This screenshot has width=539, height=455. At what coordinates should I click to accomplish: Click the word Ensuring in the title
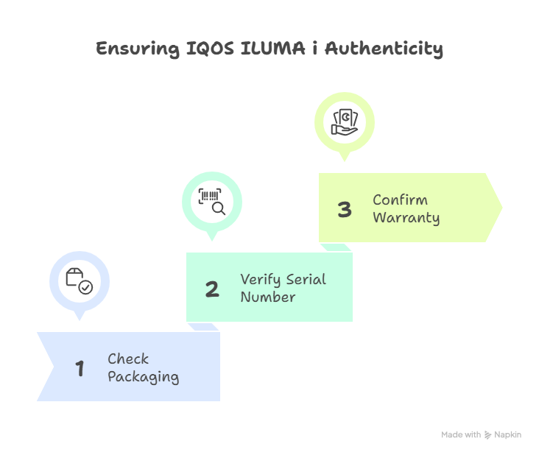[x=138, y=49]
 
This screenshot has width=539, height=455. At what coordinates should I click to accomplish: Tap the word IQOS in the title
[x=210, y=49]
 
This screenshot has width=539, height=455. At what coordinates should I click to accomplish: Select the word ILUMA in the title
[x=272, y=48]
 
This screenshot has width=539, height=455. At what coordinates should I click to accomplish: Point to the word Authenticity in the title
[x=384, y=49]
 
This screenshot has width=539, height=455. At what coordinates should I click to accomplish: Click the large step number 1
[x=80, y=368]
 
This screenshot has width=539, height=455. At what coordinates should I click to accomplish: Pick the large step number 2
[x=212, y=289]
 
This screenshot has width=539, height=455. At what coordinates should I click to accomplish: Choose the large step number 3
[x=345, y=209]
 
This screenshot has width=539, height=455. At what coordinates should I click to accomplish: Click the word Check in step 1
[x=128, y=359]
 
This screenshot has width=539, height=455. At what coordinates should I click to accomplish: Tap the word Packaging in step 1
[x=144, y=377]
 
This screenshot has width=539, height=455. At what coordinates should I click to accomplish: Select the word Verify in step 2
[x=260, y=280]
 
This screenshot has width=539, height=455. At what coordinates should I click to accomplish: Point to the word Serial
[x=306, y=279]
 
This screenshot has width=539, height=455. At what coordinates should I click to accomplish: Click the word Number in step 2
[x=268, y=297]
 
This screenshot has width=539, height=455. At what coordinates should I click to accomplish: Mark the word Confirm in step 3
[x=400, y=200]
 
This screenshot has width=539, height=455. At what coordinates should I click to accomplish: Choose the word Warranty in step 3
[x=406, y=218]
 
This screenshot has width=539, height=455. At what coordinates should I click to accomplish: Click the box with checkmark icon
[x=80, y=281]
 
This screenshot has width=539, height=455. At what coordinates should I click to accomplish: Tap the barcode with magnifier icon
[x=212, y=202]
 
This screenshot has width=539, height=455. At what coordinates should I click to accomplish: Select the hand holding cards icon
[x=345, y=122]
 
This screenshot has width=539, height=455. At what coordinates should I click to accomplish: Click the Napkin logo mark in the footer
[x=487, y=435]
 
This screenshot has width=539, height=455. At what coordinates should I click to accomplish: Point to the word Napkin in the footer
[x=508, y=434]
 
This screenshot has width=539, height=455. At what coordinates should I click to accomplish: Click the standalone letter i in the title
[x=314, y=48]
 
